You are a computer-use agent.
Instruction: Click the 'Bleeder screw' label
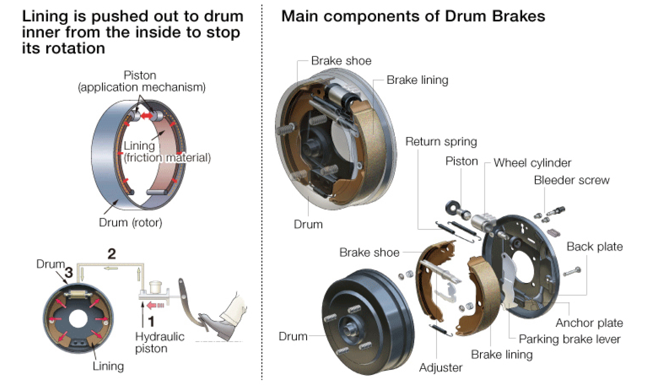click(571, 180)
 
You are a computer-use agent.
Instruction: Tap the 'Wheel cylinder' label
click(532, 163)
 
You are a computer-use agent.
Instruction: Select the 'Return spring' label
click(441, 141)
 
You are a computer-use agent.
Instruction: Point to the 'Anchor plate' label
click(589, 323)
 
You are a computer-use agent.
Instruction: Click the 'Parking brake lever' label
click(569, 339)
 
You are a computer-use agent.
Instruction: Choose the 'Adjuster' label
click(441, 368)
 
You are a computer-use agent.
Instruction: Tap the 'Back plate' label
click(594, 247)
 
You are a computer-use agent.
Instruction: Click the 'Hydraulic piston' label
click(159, 342)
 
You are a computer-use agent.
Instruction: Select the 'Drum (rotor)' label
click(130, 223)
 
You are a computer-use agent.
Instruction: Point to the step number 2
click(111, 254)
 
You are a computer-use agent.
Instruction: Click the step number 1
click(151, 321)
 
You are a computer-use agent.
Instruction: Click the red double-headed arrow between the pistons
click(146, 116)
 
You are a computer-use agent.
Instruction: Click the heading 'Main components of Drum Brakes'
click(413, 16)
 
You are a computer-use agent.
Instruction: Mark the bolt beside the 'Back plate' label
click(572, 271)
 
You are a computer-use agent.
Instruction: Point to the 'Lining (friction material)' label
click(166, 152)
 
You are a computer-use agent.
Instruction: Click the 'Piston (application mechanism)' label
click(142, 81)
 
